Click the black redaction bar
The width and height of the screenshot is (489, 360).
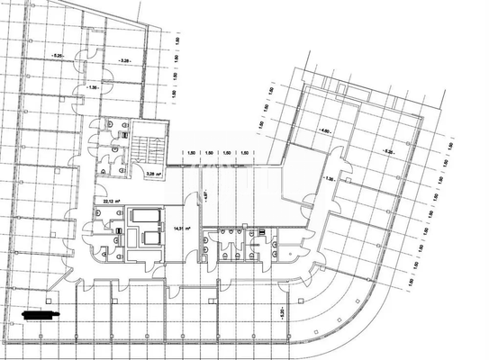(44, 315)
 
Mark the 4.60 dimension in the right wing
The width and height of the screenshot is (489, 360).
(324, 130)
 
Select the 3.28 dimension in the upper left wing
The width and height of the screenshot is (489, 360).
(124, 61)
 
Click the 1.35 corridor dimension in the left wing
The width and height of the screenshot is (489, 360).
(94, 87)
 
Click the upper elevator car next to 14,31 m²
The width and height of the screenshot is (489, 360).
(144, 217)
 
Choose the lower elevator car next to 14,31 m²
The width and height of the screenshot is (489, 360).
(144, 238)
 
